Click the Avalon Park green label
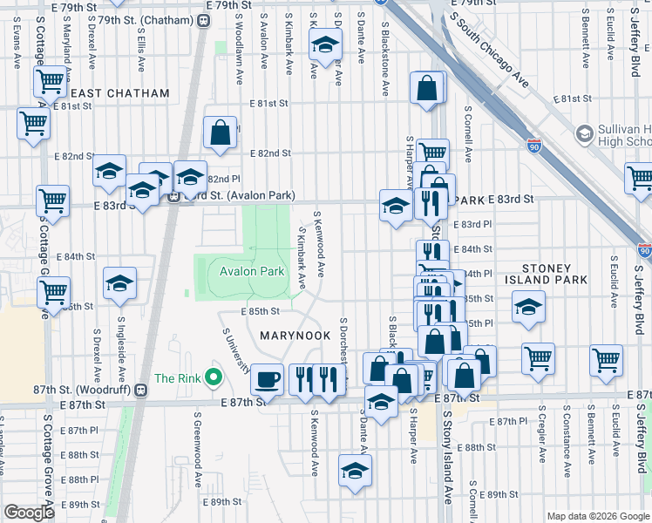tap(252, 271)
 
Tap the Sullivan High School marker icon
tap(584, 133)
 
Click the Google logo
tap(29, 513)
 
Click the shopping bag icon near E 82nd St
tap(221, 132)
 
